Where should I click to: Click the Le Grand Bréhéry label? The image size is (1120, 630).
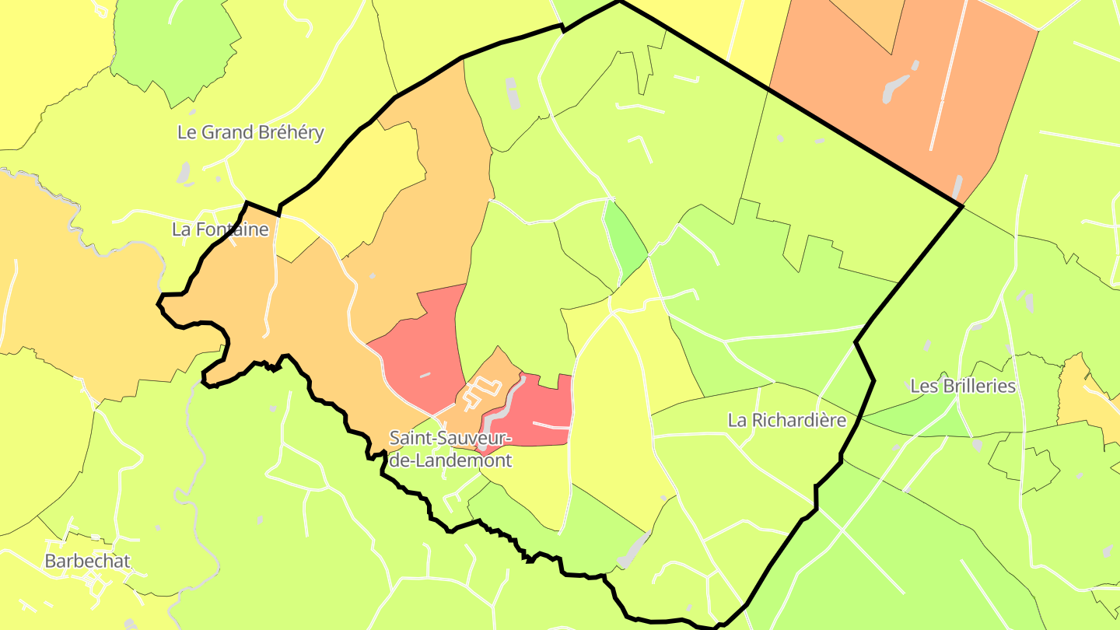[250, 132]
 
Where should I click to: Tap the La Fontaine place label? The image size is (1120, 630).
[220, 229]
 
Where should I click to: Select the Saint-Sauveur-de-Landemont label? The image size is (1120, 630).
[450, 449]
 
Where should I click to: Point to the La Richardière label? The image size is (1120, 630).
[786, 420]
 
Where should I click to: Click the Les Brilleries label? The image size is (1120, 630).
[963, 386]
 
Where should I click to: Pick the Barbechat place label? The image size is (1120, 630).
[87, 561]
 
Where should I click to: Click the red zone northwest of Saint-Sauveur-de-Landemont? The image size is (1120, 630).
[424, 342]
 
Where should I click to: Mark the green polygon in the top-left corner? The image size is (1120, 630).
[175, 51]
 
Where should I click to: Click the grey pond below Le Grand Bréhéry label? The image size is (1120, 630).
[184, 173]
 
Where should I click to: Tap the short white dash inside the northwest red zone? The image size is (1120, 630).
[424, 376]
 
